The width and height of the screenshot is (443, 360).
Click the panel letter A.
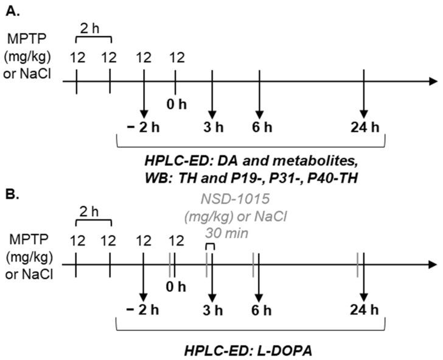click(x=9, y=10)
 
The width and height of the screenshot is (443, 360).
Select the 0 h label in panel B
click(x=176, y=284)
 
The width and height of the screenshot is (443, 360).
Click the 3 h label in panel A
click(x=212, y=128)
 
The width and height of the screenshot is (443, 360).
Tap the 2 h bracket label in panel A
click(x=92, y=28)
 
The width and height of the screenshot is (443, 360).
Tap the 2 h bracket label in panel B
click(x=92, y=213)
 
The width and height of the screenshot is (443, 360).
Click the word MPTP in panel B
click(x=23, y=237)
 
